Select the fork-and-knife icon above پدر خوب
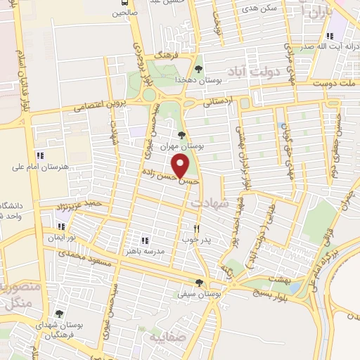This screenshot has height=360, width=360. coord(198,229)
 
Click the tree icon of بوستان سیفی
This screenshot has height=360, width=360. coord(199,283)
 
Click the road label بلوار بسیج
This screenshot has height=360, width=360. coord(247,295)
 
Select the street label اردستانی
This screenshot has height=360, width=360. coord(217,103)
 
